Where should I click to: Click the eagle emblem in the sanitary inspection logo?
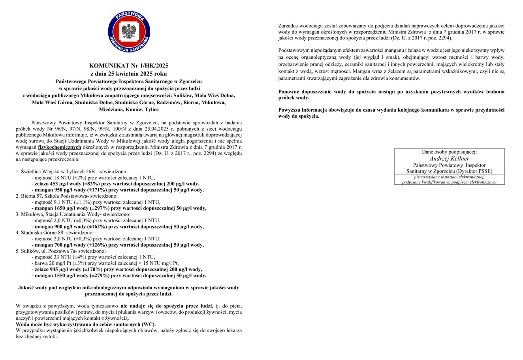[x=129, y=32]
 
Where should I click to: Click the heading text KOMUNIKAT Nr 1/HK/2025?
[x=129, y=66]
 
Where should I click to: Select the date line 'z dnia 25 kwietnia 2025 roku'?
[x=129, y=74]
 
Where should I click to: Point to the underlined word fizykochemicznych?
[x=60, y=147]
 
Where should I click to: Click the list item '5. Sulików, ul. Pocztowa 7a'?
[x=60, y=251]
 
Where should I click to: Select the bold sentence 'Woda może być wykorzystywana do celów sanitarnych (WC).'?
[x=86, y=324]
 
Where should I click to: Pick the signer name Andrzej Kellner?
[x=449, y=159]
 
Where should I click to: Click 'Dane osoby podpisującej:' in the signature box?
[x=449, y=152]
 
